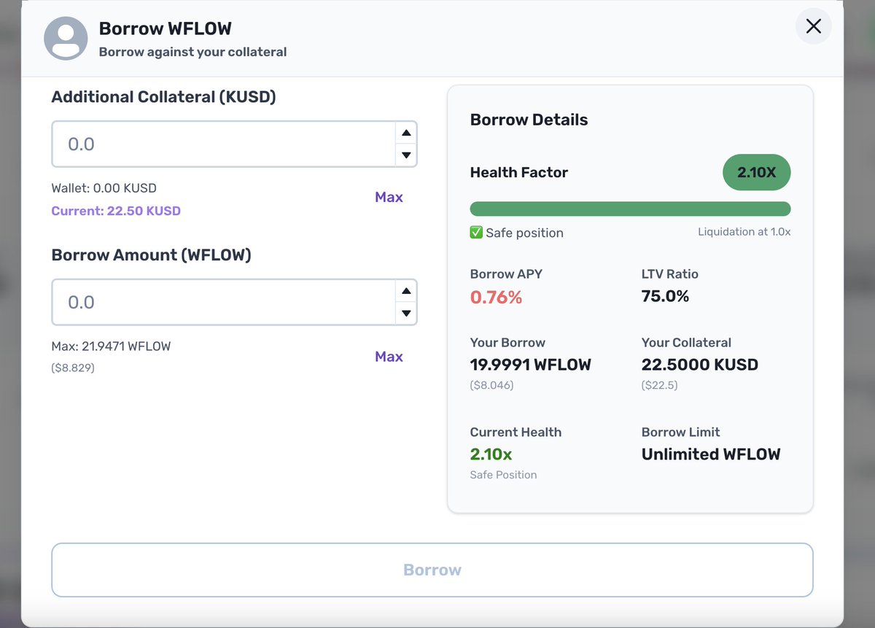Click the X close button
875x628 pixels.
point(813,27)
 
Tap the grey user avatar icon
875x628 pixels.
point(66,38)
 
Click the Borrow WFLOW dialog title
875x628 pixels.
point(165,28)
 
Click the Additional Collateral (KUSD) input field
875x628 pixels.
point(222,144)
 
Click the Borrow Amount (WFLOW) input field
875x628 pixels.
point(222,303)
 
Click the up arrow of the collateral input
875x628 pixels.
point(406,133)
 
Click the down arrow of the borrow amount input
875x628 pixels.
point(406,314)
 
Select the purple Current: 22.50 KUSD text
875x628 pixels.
point(116,211)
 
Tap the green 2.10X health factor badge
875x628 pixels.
point(756,173)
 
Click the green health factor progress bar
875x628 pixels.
point(630,209)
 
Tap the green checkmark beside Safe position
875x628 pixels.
point(476,233)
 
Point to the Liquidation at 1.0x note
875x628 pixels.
point(744,232)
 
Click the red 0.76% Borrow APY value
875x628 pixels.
point(496,297)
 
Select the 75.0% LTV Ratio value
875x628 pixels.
point(665,296)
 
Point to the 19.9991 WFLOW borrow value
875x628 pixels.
point(530,365)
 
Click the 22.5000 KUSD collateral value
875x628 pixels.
point(699,365)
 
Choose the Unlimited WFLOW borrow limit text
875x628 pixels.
point(710,454)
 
